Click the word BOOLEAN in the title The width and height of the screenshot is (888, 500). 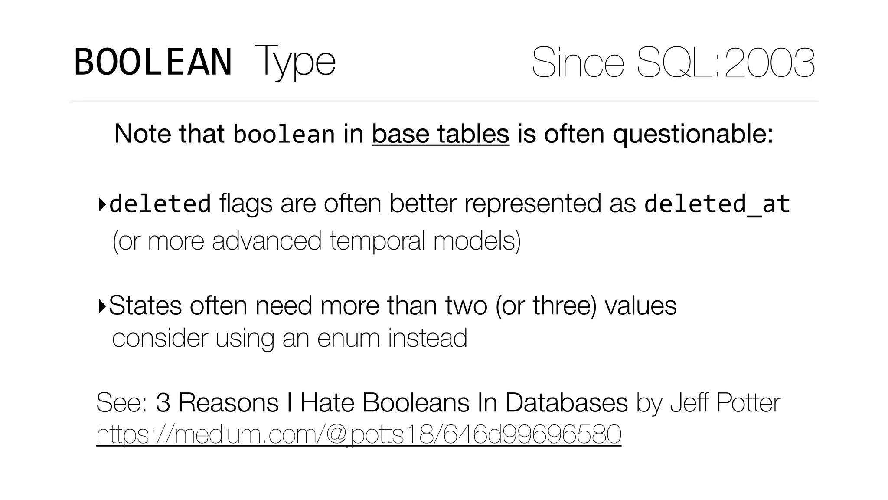153,62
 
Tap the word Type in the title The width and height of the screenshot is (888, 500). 295,62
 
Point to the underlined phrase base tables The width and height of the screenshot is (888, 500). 440,134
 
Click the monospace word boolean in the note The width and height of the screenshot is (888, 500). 284,134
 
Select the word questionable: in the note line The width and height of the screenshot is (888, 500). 692,134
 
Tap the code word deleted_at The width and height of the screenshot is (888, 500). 717,204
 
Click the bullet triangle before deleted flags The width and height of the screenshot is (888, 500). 102,204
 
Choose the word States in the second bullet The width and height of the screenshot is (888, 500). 145,306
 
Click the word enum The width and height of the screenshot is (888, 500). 348,338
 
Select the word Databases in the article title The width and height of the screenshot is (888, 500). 566,402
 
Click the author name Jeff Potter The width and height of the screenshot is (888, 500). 725,402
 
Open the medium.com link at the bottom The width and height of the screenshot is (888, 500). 359,434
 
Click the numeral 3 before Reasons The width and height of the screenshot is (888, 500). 163,402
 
